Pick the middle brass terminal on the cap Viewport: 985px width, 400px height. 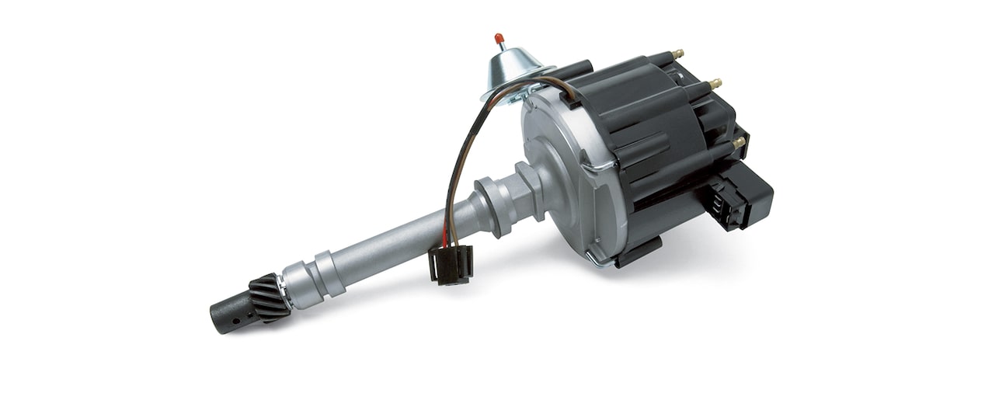(715, 83)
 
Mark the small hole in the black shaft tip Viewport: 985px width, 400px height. (234, 318)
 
